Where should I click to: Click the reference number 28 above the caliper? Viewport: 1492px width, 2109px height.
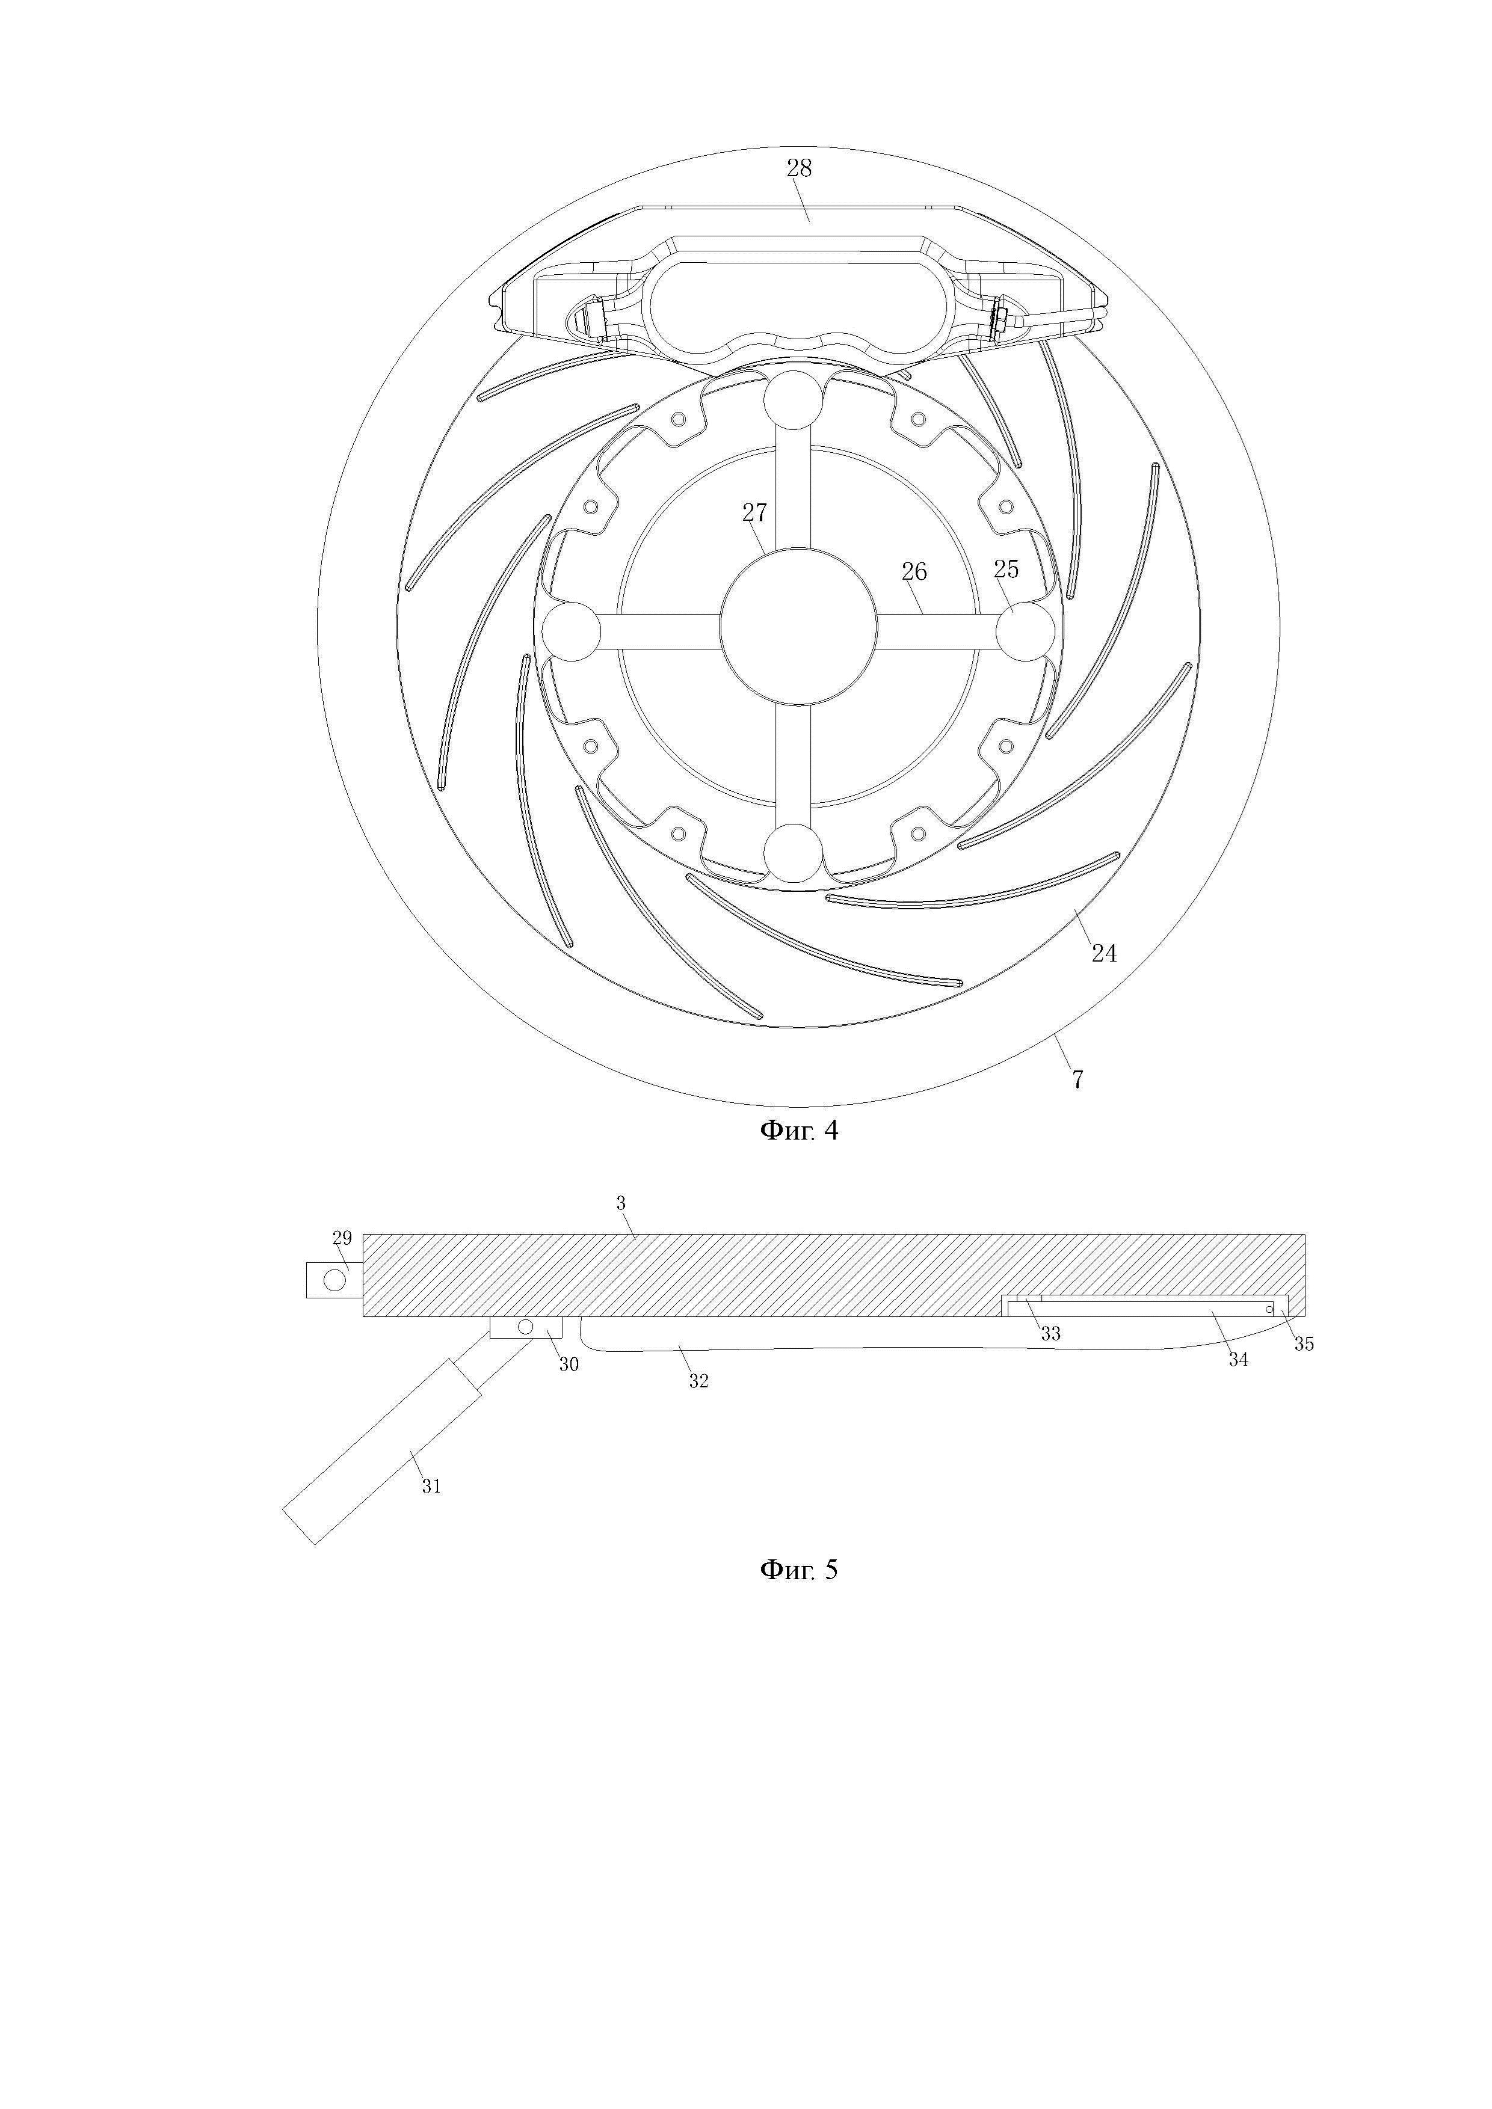[x=798, y=168]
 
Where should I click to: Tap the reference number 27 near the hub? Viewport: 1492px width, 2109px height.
[x=754, y=512]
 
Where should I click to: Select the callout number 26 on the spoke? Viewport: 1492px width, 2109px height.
[x=913, y=573]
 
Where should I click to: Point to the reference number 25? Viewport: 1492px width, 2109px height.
[x=1006, y=569]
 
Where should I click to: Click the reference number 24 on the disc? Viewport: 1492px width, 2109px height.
[x=1103, y=953]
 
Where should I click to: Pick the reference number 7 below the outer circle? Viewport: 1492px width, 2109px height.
[x=1077, y=1079]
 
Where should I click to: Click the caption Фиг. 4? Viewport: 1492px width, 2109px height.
[x=798, y=1131]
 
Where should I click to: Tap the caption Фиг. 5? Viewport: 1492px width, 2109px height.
[x=798, y=1570]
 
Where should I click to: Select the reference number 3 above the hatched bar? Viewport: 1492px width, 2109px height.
[x=621, y=1203]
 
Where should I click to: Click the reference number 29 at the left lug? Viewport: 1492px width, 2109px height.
[x=342, y=1238]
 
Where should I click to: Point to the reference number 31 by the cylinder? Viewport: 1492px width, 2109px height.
[x=431, y=1486]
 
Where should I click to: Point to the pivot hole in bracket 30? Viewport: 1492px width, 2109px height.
[x=525, y=1327]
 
